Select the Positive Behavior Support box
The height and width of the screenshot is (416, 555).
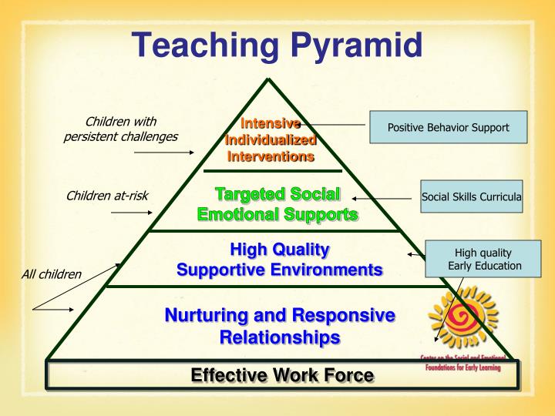click(448, 127)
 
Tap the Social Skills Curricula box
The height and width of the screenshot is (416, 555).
click(472, 196)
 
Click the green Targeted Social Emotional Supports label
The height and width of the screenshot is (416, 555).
click(277, 203)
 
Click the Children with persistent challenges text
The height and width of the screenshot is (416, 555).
click(120, 129)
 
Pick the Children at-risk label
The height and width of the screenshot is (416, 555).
click(107, 195)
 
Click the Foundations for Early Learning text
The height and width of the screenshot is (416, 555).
click(462, 367)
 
